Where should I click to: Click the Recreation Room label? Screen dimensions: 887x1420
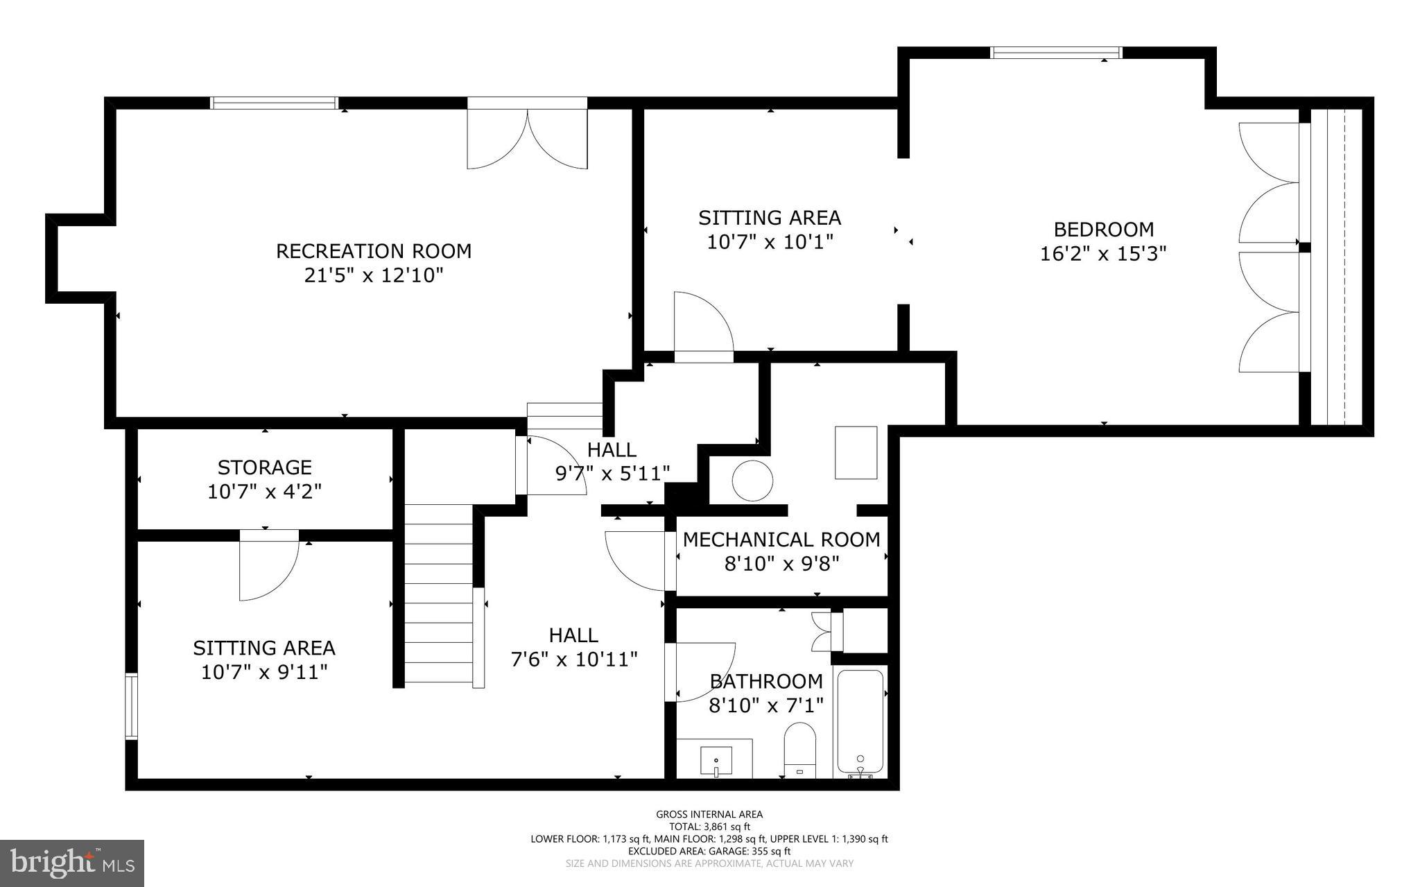(x=374, y=251)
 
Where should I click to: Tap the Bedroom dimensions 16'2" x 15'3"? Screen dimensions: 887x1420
(x=1103, y=254)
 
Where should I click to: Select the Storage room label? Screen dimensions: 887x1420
(x=264, y=467)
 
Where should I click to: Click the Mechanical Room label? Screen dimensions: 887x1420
(x=781, y=540)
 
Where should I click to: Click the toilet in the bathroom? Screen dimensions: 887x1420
(x=799, y=750)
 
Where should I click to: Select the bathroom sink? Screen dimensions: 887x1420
(x=715, y=760)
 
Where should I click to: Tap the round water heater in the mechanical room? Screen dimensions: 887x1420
(x=752, y=480)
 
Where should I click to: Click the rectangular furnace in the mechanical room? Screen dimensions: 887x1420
(x=856, y=452)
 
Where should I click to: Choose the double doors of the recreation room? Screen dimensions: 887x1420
(x=527, y=135)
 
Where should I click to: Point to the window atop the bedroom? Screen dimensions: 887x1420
(x=1056, y=53)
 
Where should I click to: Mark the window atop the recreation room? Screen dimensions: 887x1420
(x=274, y=103)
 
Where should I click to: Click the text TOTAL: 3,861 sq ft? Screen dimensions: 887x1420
(x=709, y=827)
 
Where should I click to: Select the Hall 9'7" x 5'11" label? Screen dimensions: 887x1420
(x=612, y=462)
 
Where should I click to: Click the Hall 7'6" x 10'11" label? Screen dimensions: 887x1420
(x=573, y=647)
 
